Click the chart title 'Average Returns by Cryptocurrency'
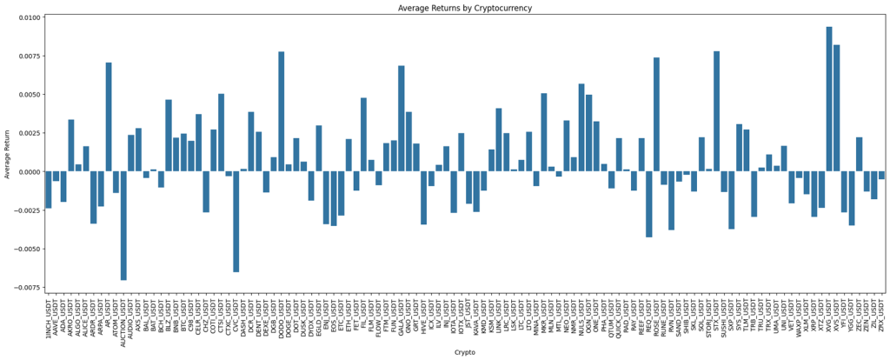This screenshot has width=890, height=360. pyautogui.click(x=464, y=8)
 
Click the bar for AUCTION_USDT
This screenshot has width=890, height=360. pyautogui.click(x=123, y=225)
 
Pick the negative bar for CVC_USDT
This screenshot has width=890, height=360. pyautogui.click(x=236, y=222)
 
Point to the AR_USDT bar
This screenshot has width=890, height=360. pyautogui.click(x=109, y=117)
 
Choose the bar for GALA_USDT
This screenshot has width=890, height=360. pyautogui.click(x=401, y=118)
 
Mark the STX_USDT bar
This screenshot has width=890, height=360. pyautogui.click(x=716, y=111)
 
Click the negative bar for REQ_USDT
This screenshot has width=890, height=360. pyautogui.click(x=648, y=204)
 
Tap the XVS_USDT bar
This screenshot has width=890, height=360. pyautogui.click(x=836, y=108)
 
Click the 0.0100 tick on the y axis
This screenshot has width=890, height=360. pyautogui.click(x=29, y=17)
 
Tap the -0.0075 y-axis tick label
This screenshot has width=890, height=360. pyautogui.click(x=27, y=287)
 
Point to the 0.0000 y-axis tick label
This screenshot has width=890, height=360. pyautogui.click(x=29, y=171)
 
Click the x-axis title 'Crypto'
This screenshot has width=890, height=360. pyautogui.click(x=464, y=352)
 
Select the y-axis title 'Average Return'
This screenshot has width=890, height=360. pyautogui.click(x=7, y=154)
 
